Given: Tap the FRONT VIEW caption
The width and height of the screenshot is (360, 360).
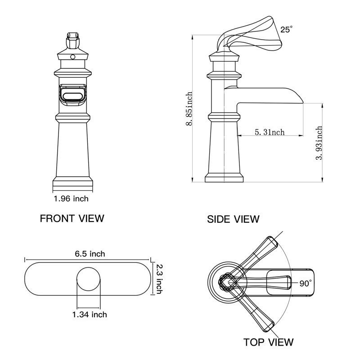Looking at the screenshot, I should pyautogui.click(x=72, y=219).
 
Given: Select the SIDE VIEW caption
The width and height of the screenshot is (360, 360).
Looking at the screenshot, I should pyautogui.click(x=233, y=219).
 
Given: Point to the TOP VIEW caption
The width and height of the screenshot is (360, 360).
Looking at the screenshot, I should pyautogui.click(x=269, y=342).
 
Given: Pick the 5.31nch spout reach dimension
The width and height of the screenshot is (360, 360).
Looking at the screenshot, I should pyautogui.click(x=270, y=132).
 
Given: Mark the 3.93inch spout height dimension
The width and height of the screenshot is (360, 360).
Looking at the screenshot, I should pyautogui.click(x=319, y=143).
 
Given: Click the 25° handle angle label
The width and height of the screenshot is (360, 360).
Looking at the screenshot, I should pyautogui.click(x=286, y=29).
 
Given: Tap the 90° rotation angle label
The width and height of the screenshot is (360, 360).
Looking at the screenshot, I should pyautogui.click(x=305, y=283).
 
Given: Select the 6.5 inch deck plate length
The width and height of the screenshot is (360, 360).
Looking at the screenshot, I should pyautogui.click(x=90, y=254).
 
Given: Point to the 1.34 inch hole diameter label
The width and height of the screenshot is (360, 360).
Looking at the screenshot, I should pyautogui.click(x=90, y=315).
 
